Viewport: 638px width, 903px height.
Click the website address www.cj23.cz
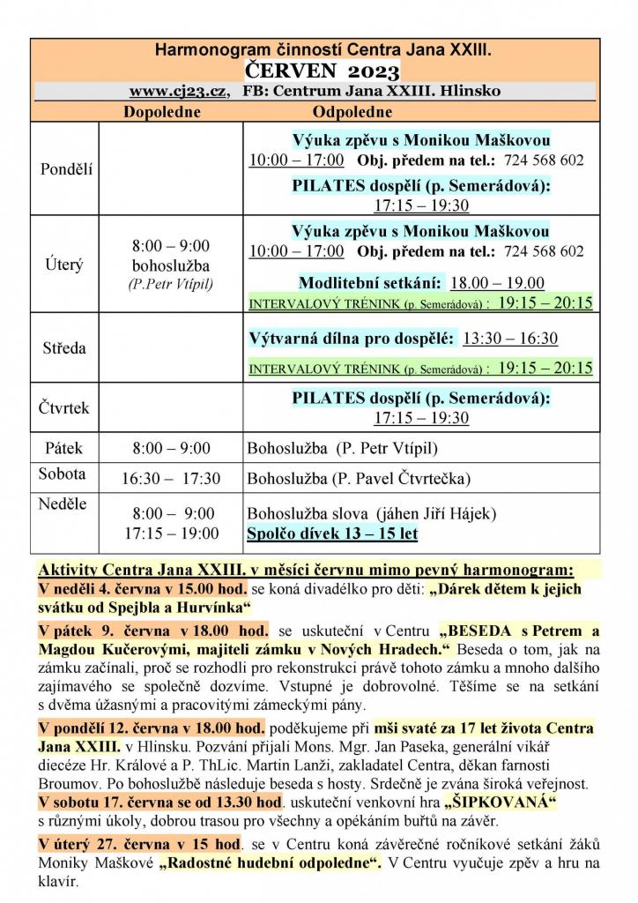tap(178, 92)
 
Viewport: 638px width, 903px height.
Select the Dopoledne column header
tap(161, 112)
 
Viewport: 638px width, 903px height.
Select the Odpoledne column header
tap(352, 112)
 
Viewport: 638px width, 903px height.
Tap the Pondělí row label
tap(66, 169)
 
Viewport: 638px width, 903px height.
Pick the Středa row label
tap(64, 348)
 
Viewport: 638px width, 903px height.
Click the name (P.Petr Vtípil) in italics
tap(171, 284)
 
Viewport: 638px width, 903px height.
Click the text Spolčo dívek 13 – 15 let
tap(332, 534)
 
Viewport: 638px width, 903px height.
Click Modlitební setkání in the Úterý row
tap(370, 283)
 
